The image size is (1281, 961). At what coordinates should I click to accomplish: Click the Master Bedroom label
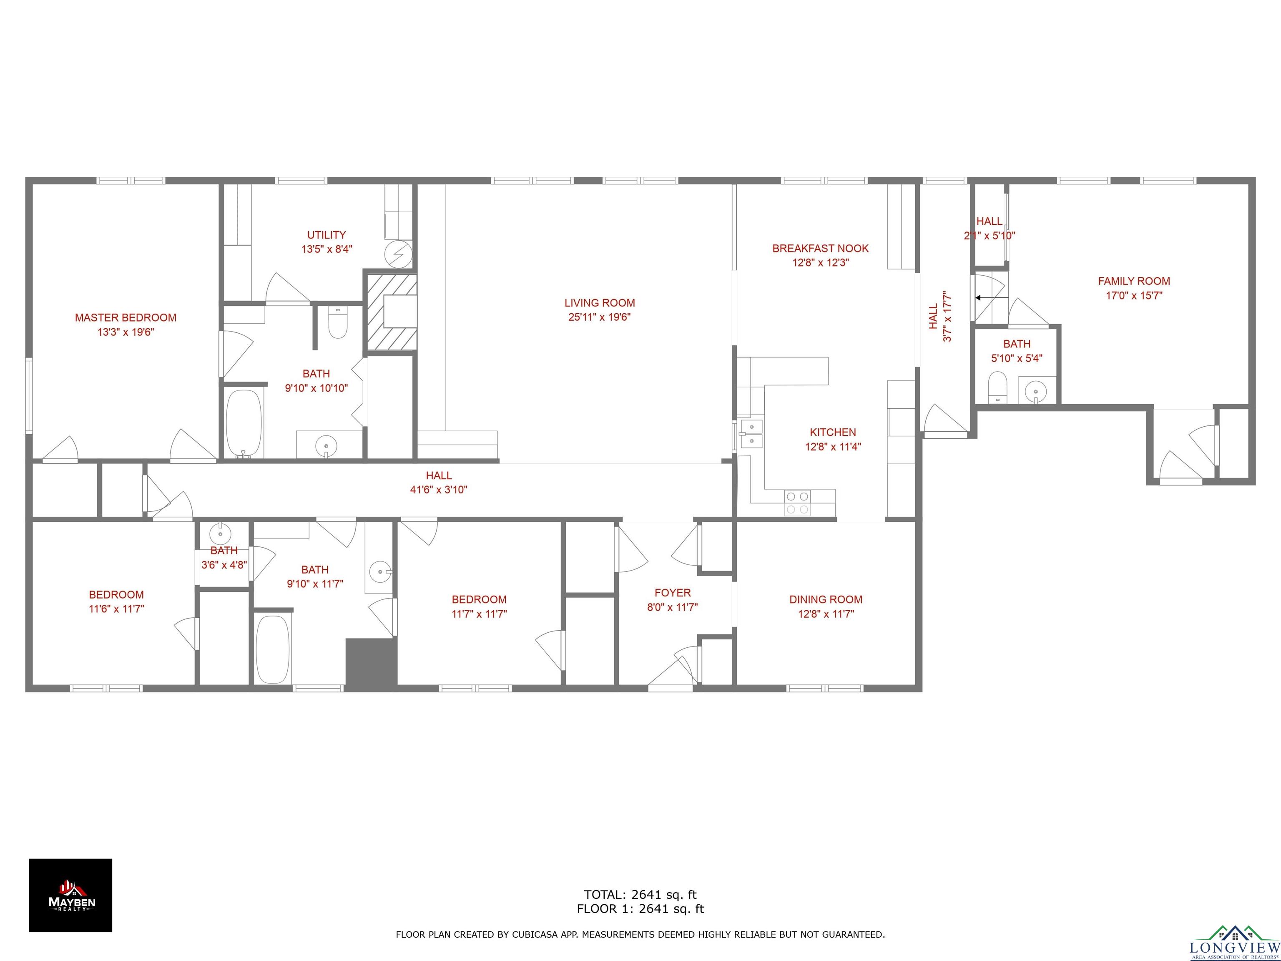[x=126, y=317]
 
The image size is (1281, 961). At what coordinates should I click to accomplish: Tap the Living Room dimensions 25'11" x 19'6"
[x=599, y=317]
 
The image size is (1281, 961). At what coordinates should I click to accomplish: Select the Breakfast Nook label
[x=821, y=249]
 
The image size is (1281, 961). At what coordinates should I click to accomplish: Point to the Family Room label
[x=1134, y=281]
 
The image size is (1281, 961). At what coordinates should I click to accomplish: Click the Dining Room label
[x=826, y=599]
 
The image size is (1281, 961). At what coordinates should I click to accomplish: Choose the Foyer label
[x=672, y=593]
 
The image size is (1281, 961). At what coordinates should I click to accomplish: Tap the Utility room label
[x=327, y=234]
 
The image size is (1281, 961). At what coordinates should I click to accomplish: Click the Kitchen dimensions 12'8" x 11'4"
[x=833, y=447]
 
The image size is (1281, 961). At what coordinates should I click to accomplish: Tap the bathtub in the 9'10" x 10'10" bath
[x=244, y=423]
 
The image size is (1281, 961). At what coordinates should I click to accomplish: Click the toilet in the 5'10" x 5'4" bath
[x=997, y=387]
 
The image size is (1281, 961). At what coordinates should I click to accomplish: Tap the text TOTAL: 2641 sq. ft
[x=640, y=894]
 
